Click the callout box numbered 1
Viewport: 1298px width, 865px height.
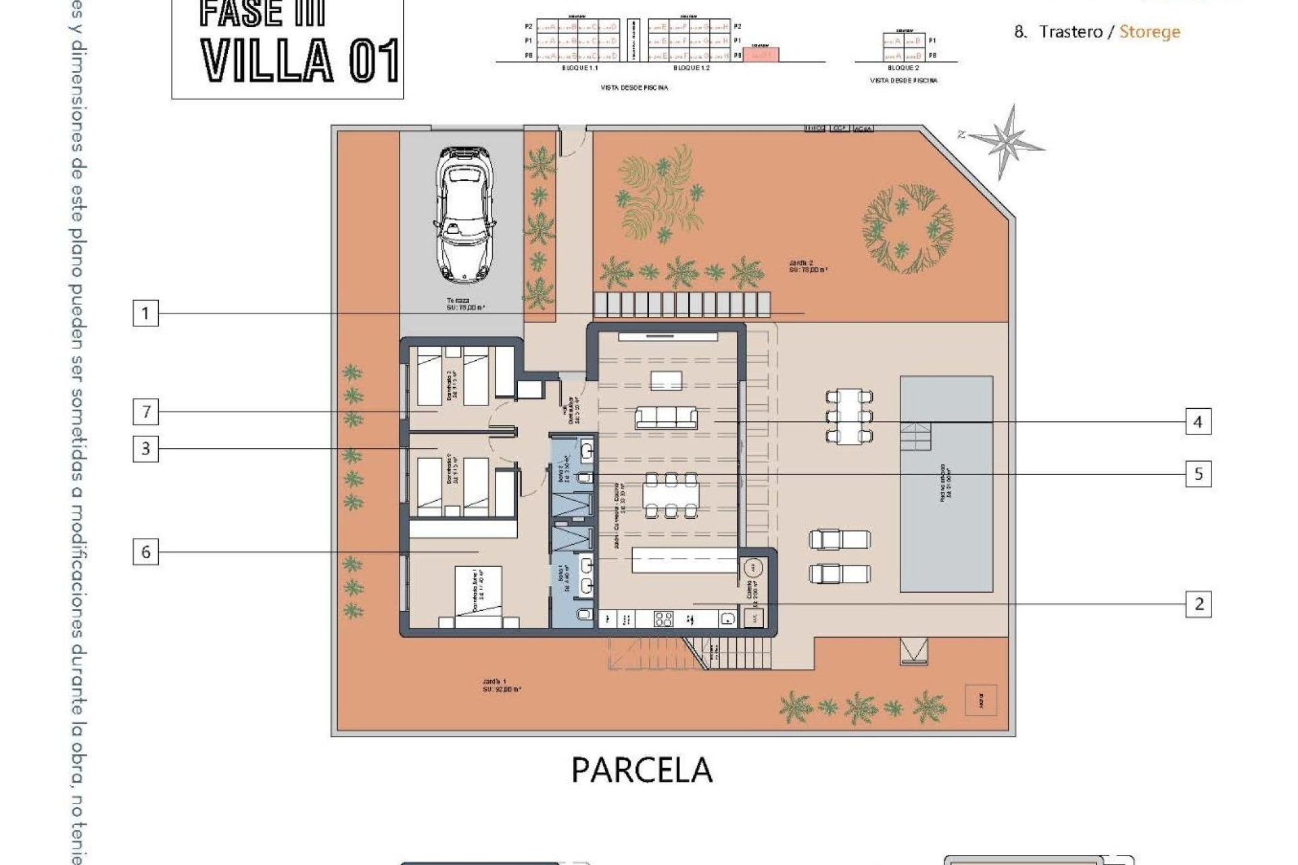pyautogui.click(x=145, y=314)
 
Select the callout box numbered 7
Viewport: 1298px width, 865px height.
pyautogui.click(x=145, y=412)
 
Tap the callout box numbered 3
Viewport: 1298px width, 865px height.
pyautogui.click(x=145, y=449)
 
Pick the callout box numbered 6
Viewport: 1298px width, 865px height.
pyautogui.click(x=145, y=552)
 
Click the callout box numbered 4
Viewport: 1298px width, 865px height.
pyautogui.click(x=1198, y=422)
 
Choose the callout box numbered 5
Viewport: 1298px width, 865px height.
pyautogui.click(x=1198, y=474)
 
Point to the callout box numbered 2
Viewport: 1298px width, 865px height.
pyautogui.click(x=1198, y=603)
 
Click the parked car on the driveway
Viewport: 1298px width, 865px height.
pyautogui.click(x=465, y=214)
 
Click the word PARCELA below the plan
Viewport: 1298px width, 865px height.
pyautogui.click(x=642, y=770)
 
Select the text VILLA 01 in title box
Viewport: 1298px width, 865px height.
pyautogui.click(x=300, y=61)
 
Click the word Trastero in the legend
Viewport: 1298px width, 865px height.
pyautogui.click(x=1070, y=32)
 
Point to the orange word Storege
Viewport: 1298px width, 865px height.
pyautogui.click(x=1149, y=32)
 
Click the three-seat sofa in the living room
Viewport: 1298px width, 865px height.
pyautogui.click(x=666, y=417)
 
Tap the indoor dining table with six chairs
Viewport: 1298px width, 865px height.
pyautogui.click(x=670, y=495)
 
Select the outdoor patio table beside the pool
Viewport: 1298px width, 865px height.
pyautogui.click(x=848, y=416)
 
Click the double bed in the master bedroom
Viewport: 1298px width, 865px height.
pyautogui.click(x=478, y=597)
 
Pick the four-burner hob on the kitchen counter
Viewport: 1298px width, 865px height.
pyautogui.click(x=663, y=618)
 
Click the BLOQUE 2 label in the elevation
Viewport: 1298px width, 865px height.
pyautogui.click(x=903, y=68)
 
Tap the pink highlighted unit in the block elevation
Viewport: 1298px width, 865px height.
pyautogui.click(x=761, y=55)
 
